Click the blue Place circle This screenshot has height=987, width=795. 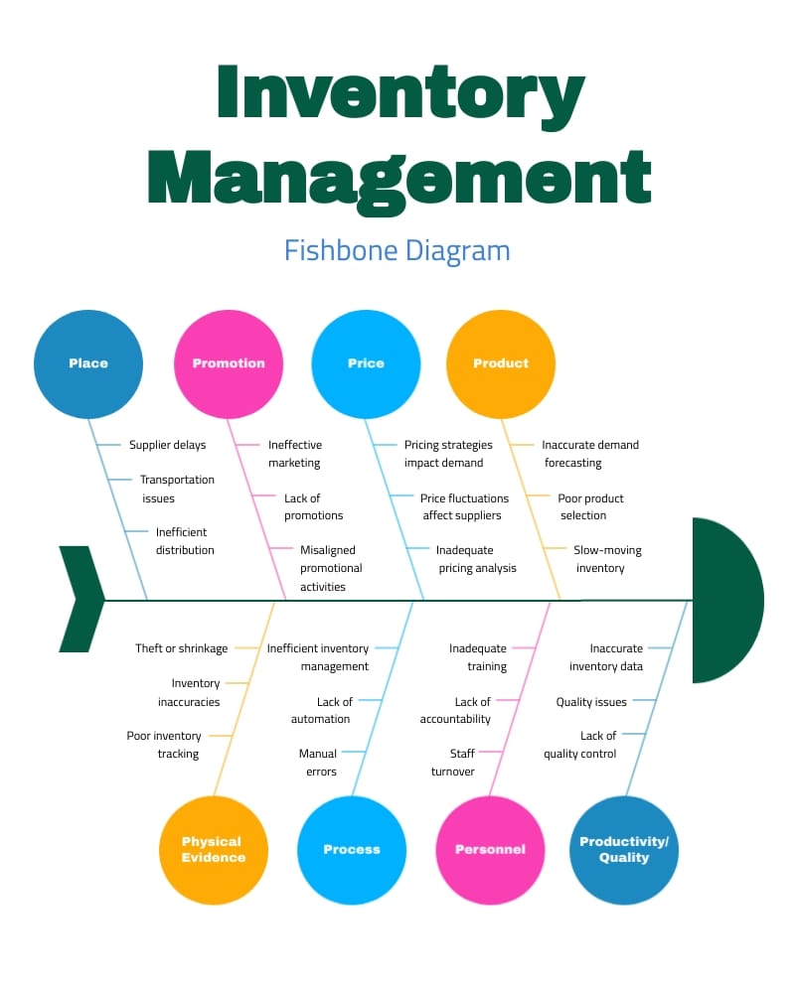click(x=88, y=363)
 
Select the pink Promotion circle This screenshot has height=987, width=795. click(x=229, y=363)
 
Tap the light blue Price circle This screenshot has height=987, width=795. click(x=366, y=363)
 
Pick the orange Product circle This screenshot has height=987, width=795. click(x=501, y=363)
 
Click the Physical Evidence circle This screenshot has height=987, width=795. click(x=213, y=850)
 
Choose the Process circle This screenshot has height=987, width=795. click(x=352, y=850)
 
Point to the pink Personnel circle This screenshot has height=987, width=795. click(x=490, y=850)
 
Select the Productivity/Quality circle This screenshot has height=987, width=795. click(x=624, y=850)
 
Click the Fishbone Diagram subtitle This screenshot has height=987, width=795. click(x=397, y=249)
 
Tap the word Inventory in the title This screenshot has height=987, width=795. click(x=400, y=96)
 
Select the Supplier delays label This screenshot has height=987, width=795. click(x=168, y=445)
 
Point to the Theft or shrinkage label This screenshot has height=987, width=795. click(x=182, y=648)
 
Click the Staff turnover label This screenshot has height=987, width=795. click(x=454, y=763)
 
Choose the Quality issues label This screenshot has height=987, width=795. click(x=591, y=702)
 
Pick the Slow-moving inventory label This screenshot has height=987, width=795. click(x=606, y=559)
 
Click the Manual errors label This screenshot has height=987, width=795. click(x=319, y=763)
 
